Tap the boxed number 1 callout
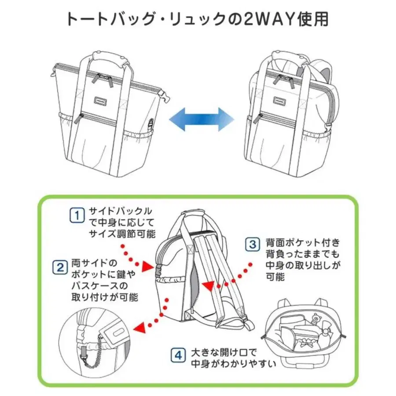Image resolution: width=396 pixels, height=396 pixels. point(77,215)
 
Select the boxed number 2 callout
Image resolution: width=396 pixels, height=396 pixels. point(59,267)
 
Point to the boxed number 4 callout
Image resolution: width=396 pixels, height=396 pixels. point(178,355)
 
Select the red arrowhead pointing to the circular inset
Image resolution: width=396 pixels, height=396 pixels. point(140,326)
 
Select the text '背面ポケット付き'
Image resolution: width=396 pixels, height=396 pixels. point(303,242)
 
